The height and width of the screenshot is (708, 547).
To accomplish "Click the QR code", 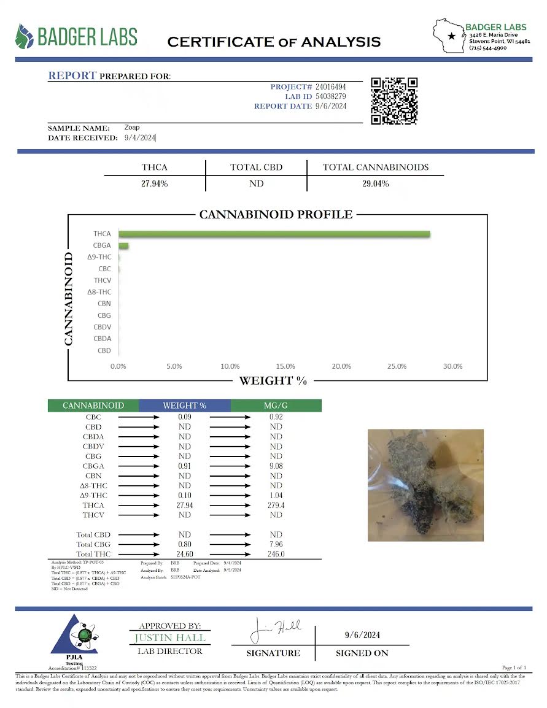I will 395,101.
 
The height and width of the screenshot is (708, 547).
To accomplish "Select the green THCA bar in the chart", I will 274,234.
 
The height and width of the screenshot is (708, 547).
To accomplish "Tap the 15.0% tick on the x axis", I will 285,366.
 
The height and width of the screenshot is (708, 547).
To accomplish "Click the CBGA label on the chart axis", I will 102,245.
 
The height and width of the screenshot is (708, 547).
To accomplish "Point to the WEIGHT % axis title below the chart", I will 273,380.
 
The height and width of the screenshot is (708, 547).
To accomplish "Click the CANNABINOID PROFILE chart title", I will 276,215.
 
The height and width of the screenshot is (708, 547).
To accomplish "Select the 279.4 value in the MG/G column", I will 276,505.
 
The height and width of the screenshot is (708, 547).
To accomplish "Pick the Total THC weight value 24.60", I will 184,554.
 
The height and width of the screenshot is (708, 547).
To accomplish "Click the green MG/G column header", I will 276,406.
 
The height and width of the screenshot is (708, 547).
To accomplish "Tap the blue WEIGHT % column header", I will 184,406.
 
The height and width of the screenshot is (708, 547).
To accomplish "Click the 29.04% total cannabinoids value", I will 375,184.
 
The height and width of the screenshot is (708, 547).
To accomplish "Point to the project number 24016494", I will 332,87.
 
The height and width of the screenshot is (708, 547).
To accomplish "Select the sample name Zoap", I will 132,128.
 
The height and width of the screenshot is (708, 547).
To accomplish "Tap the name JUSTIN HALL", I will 170,638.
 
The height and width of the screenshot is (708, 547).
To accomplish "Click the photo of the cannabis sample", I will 425,485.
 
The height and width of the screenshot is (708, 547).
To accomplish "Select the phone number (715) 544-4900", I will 487,48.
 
